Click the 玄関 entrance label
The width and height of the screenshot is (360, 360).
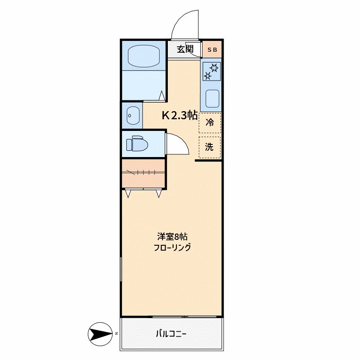tap(184, 49)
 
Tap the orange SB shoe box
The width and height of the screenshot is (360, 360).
tap(211, 49)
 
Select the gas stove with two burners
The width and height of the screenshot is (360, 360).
tap(211, 72)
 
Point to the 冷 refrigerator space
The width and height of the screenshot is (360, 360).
tap(210, 122)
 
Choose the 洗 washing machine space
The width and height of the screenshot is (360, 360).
tap(210, 147)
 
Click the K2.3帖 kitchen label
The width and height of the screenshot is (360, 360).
tap(180, 115)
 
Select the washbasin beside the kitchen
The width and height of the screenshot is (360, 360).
tap(132, 116)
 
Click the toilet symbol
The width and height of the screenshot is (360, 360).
tap(136, 144)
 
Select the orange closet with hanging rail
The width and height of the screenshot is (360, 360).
tap(143, 173)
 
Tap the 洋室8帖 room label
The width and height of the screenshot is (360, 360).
tap(172, 236)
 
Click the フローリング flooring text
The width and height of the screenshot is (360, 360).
tap(172, 247)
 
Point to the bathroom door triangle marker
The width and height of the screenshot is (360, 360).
tap(162, 95)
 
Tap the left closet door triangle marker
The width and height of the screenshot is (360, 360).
tap(128, 193)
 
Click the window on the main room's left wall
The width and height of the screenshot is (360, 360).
tap(121, 270)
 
